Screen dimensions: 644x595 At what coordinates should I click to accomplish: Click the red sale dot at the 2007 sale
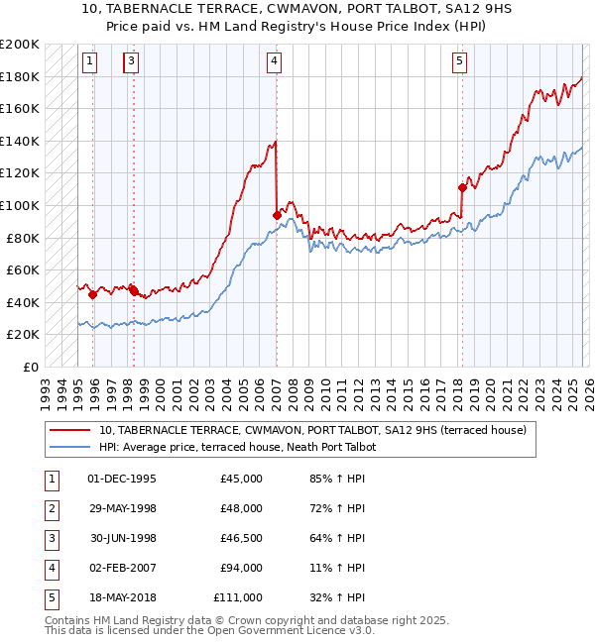[x=277, y=214]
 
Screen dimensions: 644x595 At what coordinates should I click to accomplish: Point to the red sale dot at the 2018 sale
[x=462, y=187]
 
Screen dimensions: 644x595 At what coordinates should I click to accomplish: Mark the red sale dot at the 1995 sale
[x=92, y=294]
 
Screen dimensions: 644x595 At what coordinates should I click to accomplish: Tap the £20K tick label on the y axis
[x=23, y=335]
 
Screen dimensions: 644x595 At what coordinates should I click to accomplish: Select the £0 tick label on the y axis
[x=30, y=367]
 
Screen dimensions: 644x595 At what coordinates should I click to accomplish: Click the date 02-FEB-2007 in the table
[x=122, y=568]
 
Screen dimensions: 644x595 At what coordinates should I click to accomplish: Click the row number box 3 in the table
[x=49, y=538]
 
